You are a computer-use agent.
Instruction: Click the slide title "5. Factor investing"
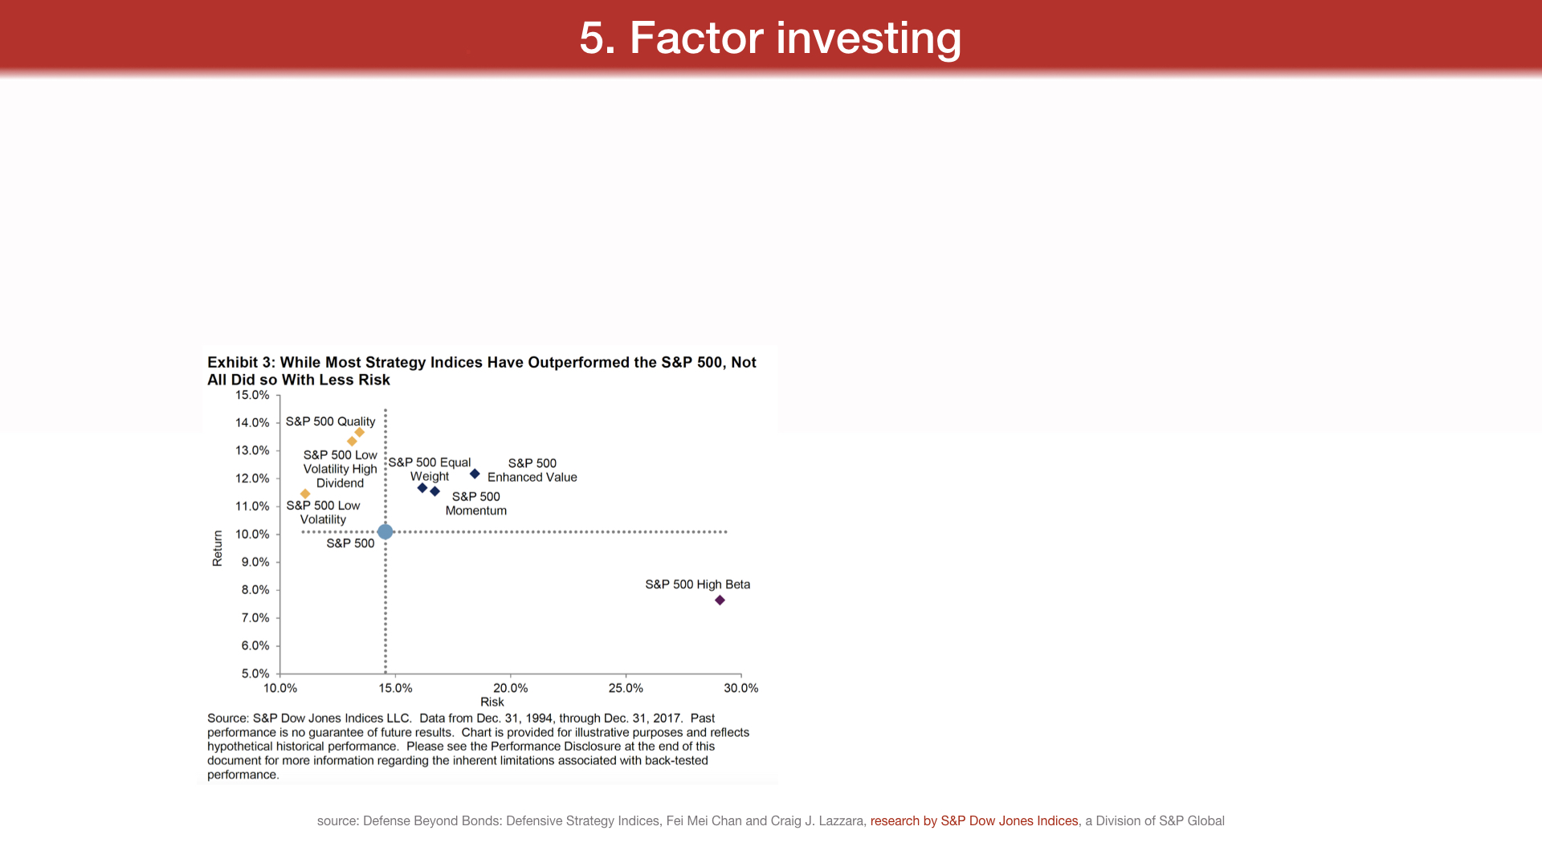click(x=770, y=38)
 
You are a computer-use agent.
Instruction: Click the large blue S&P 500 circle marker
click(x=385, y=531)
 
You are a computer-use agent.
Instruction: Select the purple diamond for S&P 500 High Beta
click(x=720, y=600)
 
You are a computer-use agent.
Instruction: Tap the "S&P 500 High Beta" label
click(x=698, y=584)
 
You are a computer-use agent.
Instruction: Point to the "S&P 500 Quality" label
click(x=330, y=421)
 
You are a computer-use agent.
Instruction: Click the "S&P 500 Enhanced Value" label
click(x=532, y=470)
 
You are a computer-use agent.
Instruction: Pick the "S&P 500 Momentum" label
click(x=476, y=503)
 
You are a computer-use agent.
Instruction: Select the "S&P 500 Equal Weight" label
click(x=430, y=469)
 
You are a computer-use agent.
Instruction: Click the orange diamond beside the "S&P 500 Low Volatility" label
click(x=305, y=494)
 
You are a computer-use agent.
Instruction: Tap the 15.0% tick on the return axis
click(x=252, y=395)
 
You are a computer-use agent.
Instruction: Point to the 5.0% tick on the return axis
click(x=255, y=674)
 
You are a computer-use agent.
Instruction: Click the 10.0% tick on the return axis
click(x=252, y=534)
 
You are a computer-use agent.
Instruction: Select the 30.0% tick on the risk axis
click(x=741, y=688)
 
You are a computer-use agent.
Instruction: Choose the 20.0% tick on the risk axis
click(x=511, y=688)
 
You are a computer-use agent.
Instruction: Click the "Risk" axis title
click(x=492, y=702)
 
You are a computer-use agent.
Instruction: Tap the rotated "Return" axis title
click(x=218, y=548)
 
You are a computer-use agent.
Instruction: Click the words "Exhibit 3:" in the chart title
click(x=241, y=362)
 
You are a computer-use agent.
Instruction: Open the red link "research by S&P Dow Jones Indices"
click(x=974, y=820)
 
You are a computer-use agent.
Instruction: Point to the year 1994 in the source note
click(x=540, y=718)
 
